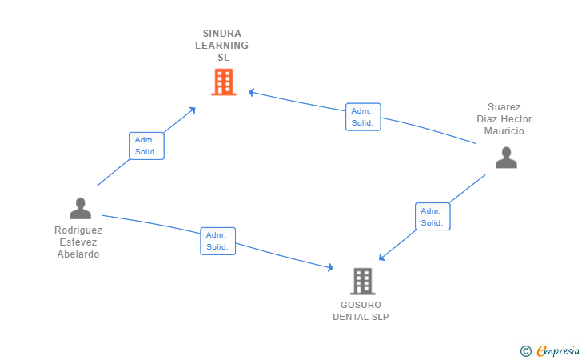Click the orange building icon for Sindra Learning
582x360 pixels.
224,82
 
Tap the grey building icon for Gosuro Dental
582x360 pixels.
362,281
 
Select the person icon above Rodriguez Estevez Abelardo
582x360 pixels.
80,208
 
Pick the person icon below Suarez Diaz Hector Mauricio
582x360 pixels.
506,158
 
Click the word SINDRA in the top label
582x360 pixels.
222,34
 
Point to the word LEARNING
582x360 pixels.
222,46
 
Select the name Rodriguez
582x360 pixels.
78,230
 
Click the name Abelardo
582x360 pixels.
78,254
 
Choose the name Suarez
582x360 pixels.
504,107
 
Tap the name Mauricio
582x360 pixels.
504,131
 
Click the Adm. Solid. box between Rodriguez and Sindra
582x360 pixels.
146,146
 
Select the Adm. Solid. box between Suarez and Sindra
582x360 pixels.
363,117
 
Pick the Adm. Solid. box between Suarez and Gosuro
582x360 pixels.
433,217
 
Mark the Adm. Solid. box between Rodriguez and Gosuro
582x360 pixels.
217,241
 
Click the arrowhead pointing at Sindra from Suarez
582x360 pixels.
251,93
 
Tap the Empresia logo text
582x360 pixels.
558,350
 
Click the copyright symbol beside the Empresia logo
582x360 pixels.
526,350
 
